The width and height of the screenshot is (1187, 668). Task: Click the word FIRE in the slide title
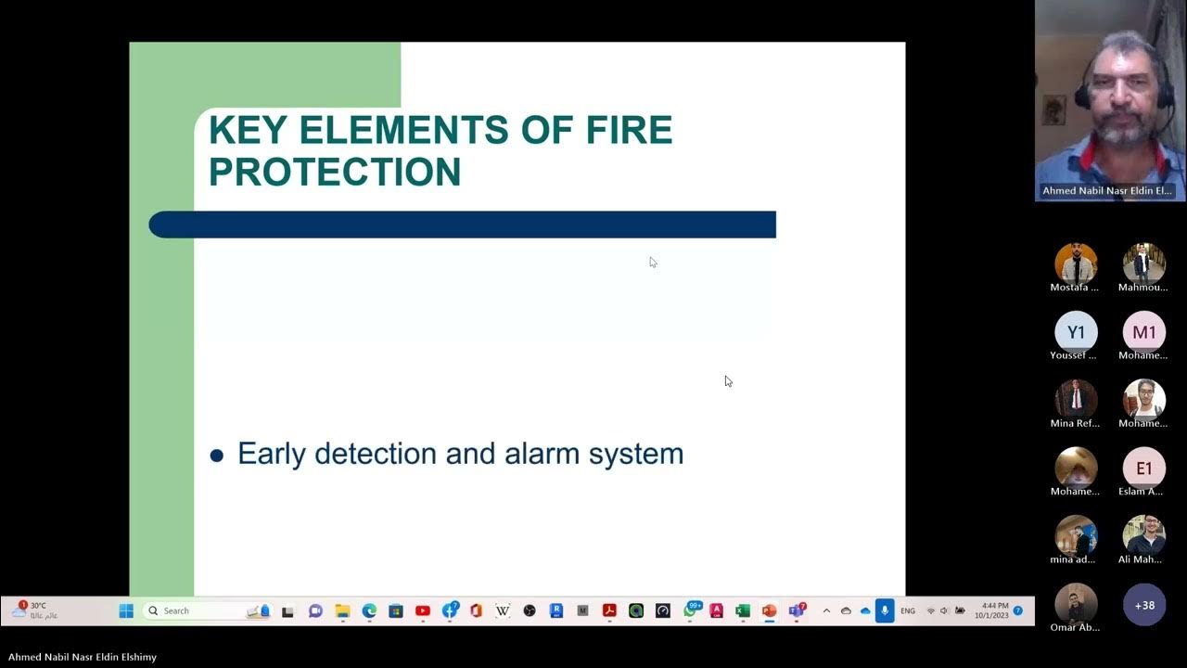629,131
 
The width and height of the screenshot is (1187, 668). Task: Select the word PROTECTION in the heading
335,173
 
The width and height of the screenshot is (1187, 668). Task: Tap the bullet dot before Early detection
217,455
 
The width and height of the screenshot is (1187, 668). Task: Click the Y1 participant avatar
1076,332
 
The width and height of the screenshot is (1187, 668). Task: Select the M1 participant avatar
1143,332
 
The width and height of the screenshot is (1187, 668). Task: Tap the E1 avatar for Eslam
1143,469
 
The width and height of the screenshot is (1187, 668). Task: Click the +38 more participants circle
1144,605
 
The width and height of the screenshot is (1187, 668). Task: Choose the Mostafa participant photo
1076,264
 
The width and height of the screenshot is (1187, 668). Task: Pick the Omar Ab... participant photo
1076,604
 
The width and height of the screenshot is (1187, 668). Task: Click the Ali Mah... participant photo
1143,536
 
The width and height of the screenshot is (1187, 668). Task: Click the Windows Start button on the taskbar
126,610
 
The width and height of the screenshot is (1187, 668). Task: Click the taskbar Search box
195,610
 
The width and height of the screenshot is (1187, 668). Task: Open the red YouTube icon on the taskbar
423,610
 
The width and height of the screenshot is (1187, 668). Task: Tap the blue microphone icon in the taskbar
885,610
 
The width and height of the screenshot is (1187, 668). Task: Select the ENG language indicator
908,610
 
